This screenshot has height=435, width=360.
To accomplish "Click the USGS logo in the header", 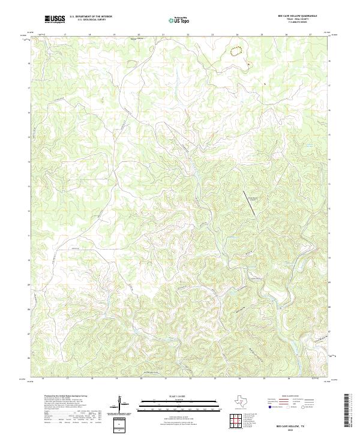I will pyautogui.click(x=55, y=19).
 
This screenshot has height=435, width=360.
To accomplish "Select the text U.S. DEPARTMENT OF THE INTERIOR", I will pyautogui.click(x=91, y=17).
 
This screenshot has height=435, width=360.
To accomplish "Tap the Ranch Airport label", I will pyautogui.click(x=253, y=198).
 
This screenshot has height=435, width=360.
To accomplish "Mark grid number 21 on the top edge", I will pyautogui.click(x=163, y=35).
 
